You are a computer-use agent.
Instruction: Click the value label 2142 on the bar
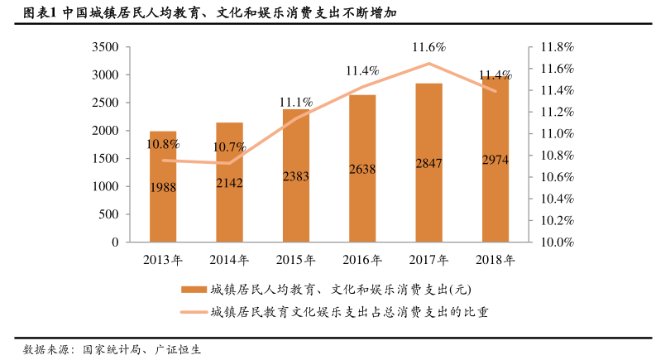coord(229,182)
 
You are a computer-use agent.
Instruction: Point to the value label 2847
coord(428,164)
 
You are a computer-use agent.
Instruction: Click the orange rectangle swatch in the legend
coord(193,290)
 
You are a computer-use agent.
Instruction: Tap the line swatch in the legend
coord(193,311)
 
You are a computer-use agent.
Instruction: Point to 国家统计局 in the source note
coord(111,349)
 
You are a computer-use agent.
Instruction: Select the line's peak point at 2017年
coord(428,64)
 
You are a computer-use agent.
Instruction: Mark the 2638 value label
coord(362,169)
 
